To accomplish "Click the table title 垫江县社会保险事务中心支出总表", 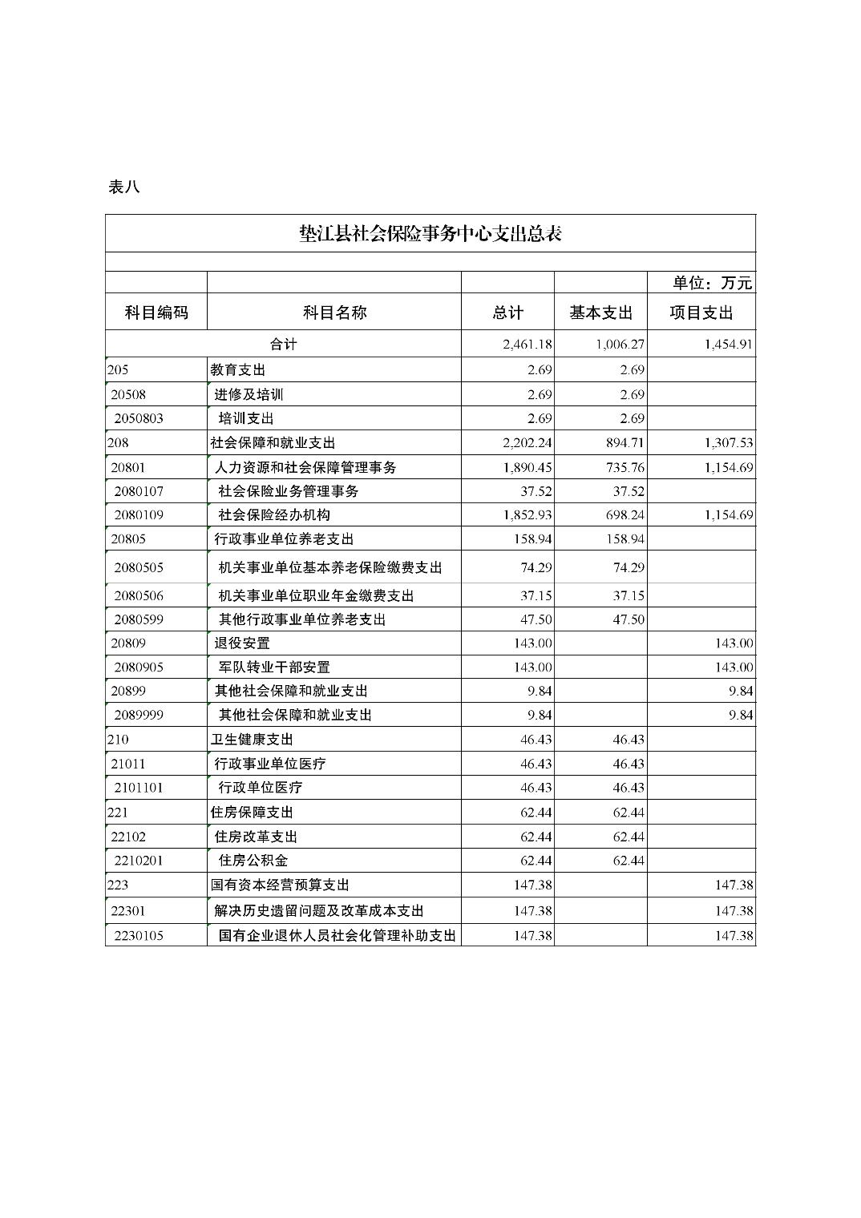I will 430,233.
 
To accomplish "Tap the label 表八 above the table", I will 124,187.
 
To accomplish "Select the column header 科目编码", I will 156,313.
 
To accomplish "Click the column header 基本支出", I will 600,313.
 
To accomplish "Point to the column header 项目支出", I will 701,313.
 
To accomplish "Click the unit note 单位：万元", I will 712,283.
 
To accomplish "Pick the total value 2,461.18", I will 528,345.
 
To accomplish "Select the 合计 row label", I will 283,345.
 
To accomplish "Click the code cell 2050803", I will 139,418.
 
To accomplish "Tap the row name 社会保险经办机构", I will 274,515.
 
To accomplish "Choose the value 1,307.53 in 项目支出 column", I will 729,443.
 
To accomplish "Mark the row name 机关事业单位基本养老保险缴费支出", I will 330,568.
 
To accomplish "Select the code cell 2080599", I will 139,619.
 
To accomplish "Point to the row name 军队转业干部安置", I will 274,667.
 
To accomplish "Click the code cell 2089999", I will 139,716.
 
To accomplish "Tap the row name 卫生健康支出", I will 252,740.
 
